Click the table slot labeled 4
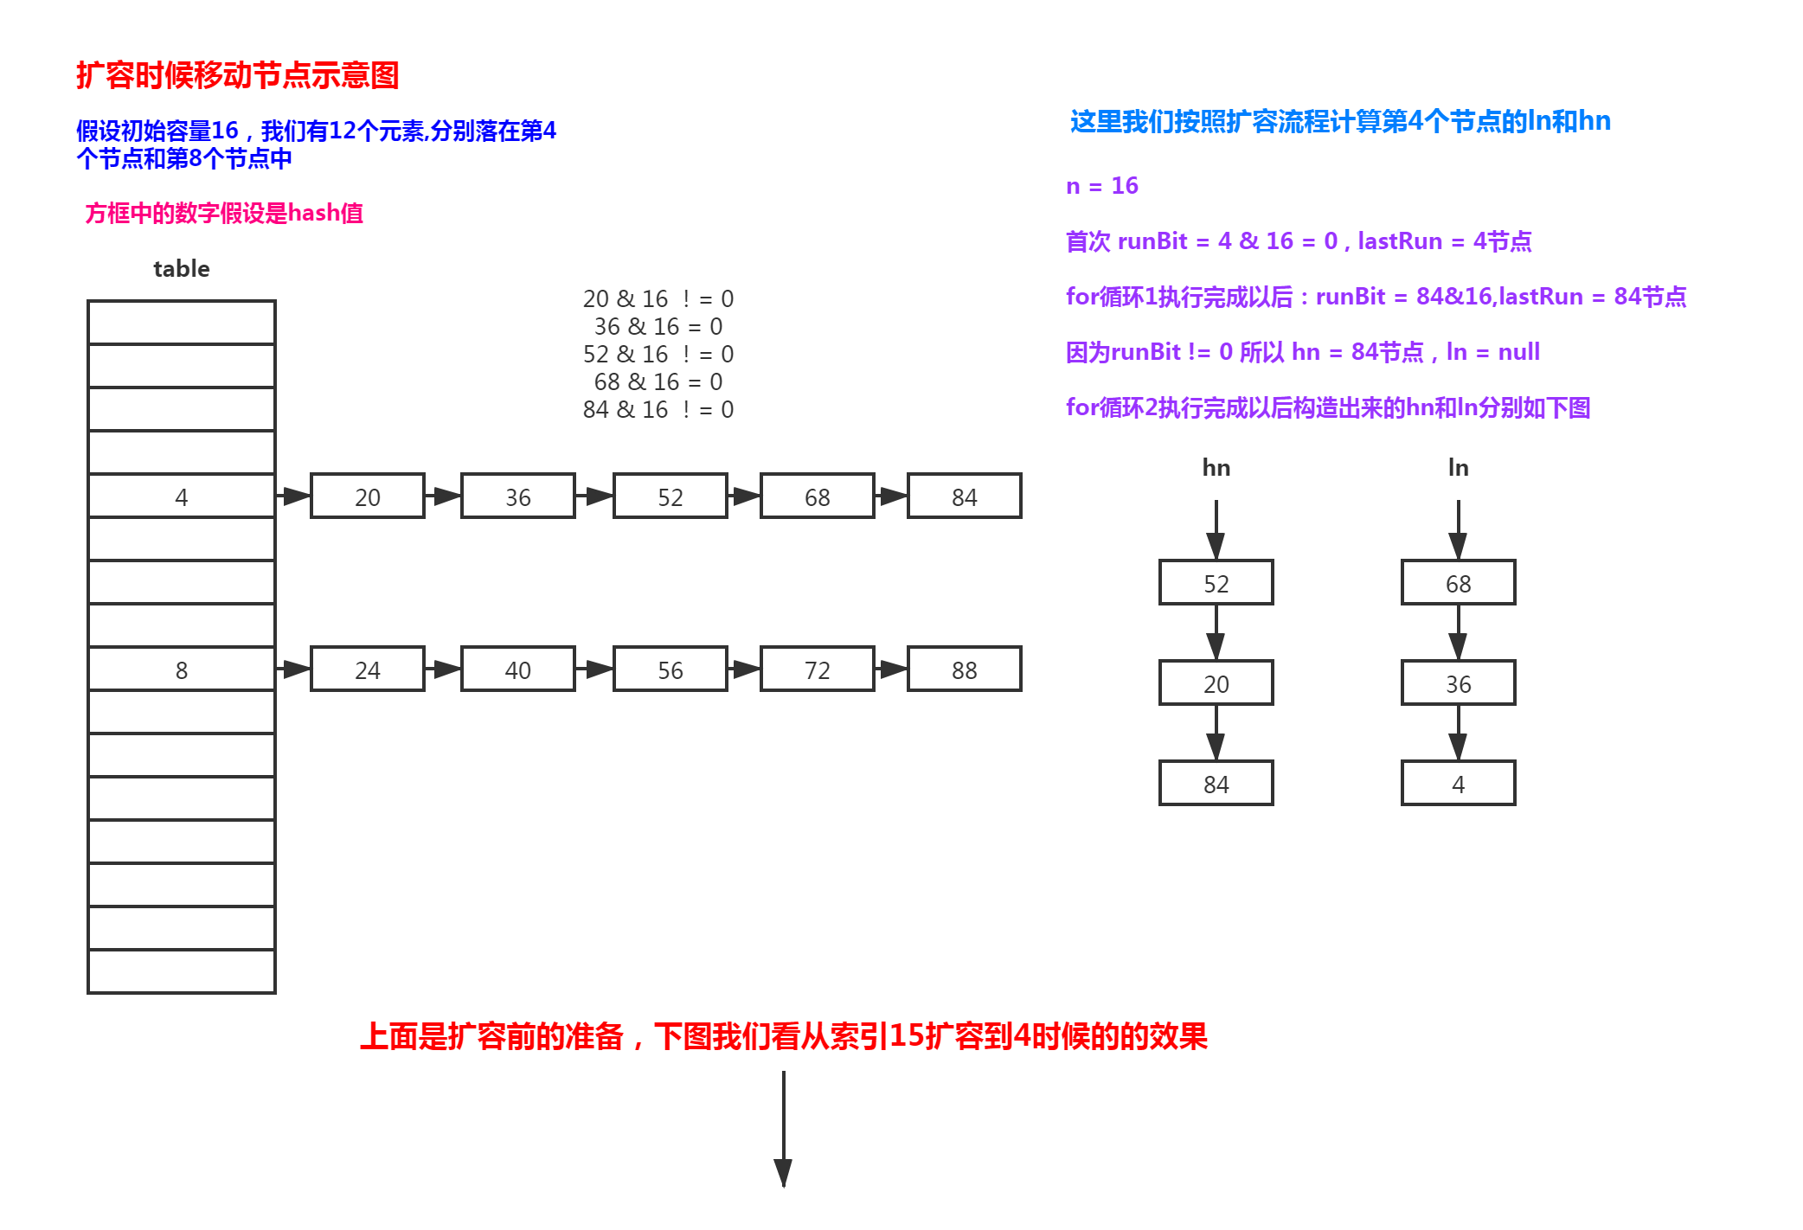(182, 496)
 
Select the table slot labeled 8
(182, 669)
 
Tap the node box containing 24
(368, 669)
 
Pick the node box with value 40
(518, 669)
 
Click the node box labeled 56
(671, 669)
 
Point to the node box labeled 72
(818, 669)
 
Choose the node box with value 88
(965, 669)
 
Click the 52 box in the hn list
(1216, 582)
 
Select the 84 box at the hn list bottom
(1216, 783)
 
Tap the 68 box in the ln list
(1459, 582)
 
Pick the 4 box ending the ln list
(1459, 783)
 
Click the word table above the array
(182, 269)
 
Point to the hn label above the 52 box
(1216, 468)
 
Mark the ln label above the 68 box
(1459, 468)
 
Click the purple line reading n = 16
(1102, 186)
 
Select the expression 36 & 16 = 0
(658, 326)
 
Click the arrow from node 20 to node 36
(443, 496)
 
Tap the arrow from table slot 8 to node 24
(293, 669)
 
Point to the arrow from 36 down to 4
(1459, 733)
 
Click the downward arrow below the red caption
(784, 1129)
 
